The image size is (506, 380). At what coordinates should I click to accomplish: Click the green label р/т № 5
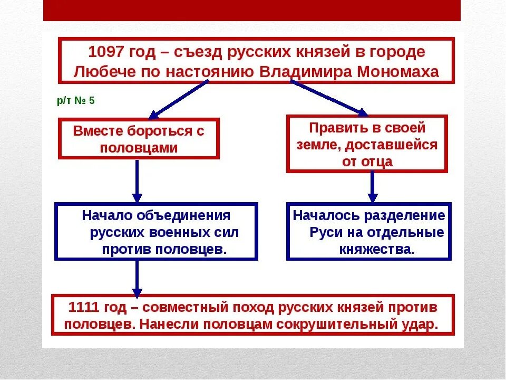[76, 100]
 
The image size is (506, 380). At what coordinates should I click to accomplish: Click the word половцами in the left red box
[139, 148]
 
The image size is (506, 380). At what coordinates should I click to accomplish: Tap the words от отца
[367, 161]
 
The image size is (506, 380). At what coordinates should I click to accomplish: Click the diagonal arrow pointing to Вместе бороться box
[179, 99]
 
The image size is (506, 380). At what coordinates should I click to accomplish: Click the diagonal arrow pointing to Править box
[329, 98]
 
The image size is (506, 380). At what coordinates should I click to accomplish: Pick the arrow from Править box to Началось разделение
[373, 187]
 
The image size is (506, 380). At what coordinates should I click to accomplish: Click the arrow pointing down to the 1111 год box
[137, 278]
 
